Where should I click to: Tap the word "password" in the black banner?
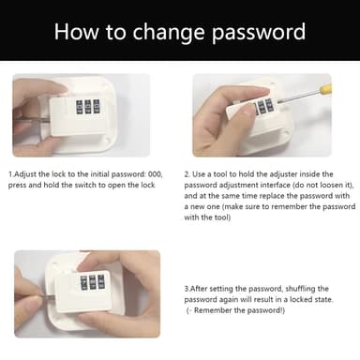click(x=259, y=33)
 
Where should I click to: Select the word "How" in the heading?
click(x=77, y=31)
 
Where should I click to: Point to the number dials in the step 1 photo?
click(x=88, y=107)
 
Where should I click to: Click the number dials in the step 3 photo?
click(x=92, y=282)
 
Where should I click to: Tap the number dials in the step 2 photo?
click(x=264, y=107)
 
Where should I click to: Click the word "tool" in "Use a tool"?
click(x=220, y=174)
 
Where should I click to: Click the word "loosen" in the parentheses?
click(x=331, y=185)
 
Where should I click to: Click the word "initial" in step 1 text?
click(x=99, y=174)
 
